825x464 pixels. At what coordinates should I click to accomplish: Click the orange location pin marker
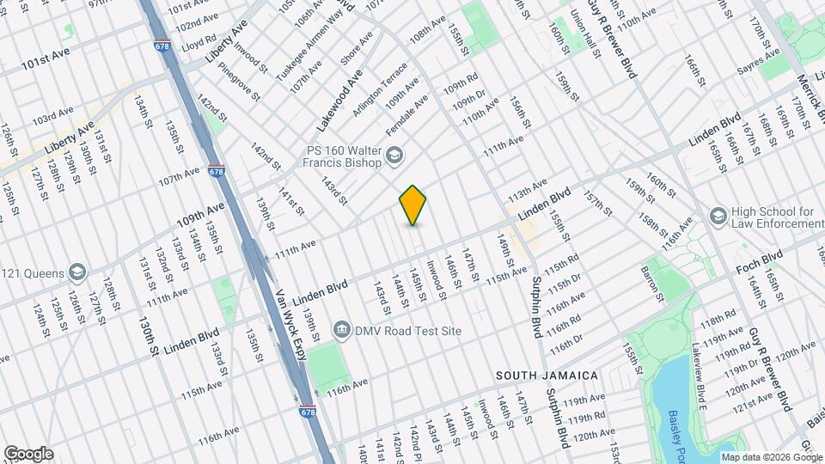tap(413, 205)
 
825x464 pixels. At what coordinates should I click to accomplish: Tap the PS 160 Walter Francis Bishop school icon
tap(394, 155)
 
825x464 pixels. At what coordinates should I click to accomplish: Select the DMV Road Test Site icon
tap(341, 330)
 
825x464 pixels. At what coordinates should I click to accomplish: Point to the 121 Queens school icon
tap(77, 273)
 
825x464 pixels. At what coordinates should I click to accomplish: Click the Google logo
tap(28, 454)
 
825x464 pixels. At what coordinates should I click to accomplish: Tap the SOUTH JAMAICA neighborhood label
tap(547, 375)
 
